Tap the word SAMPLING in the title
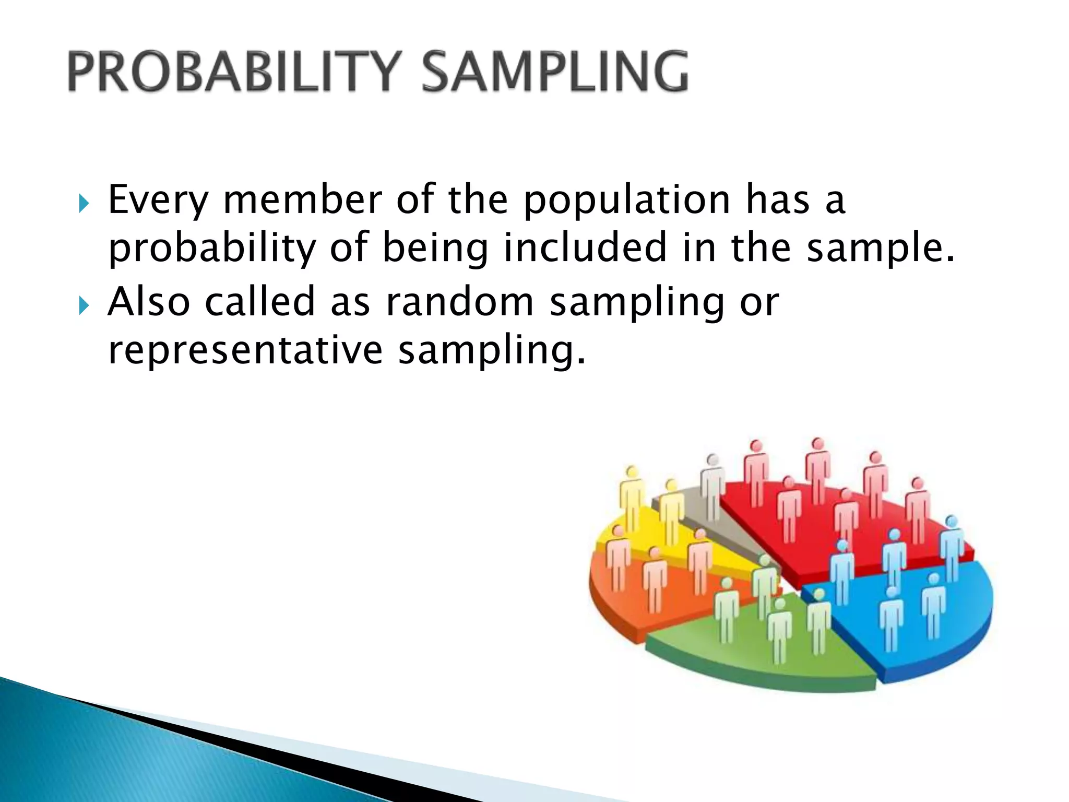554,72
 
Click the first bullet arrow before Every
83,204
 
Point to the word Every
158,201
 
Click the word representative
245,351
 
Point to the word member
303,200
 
